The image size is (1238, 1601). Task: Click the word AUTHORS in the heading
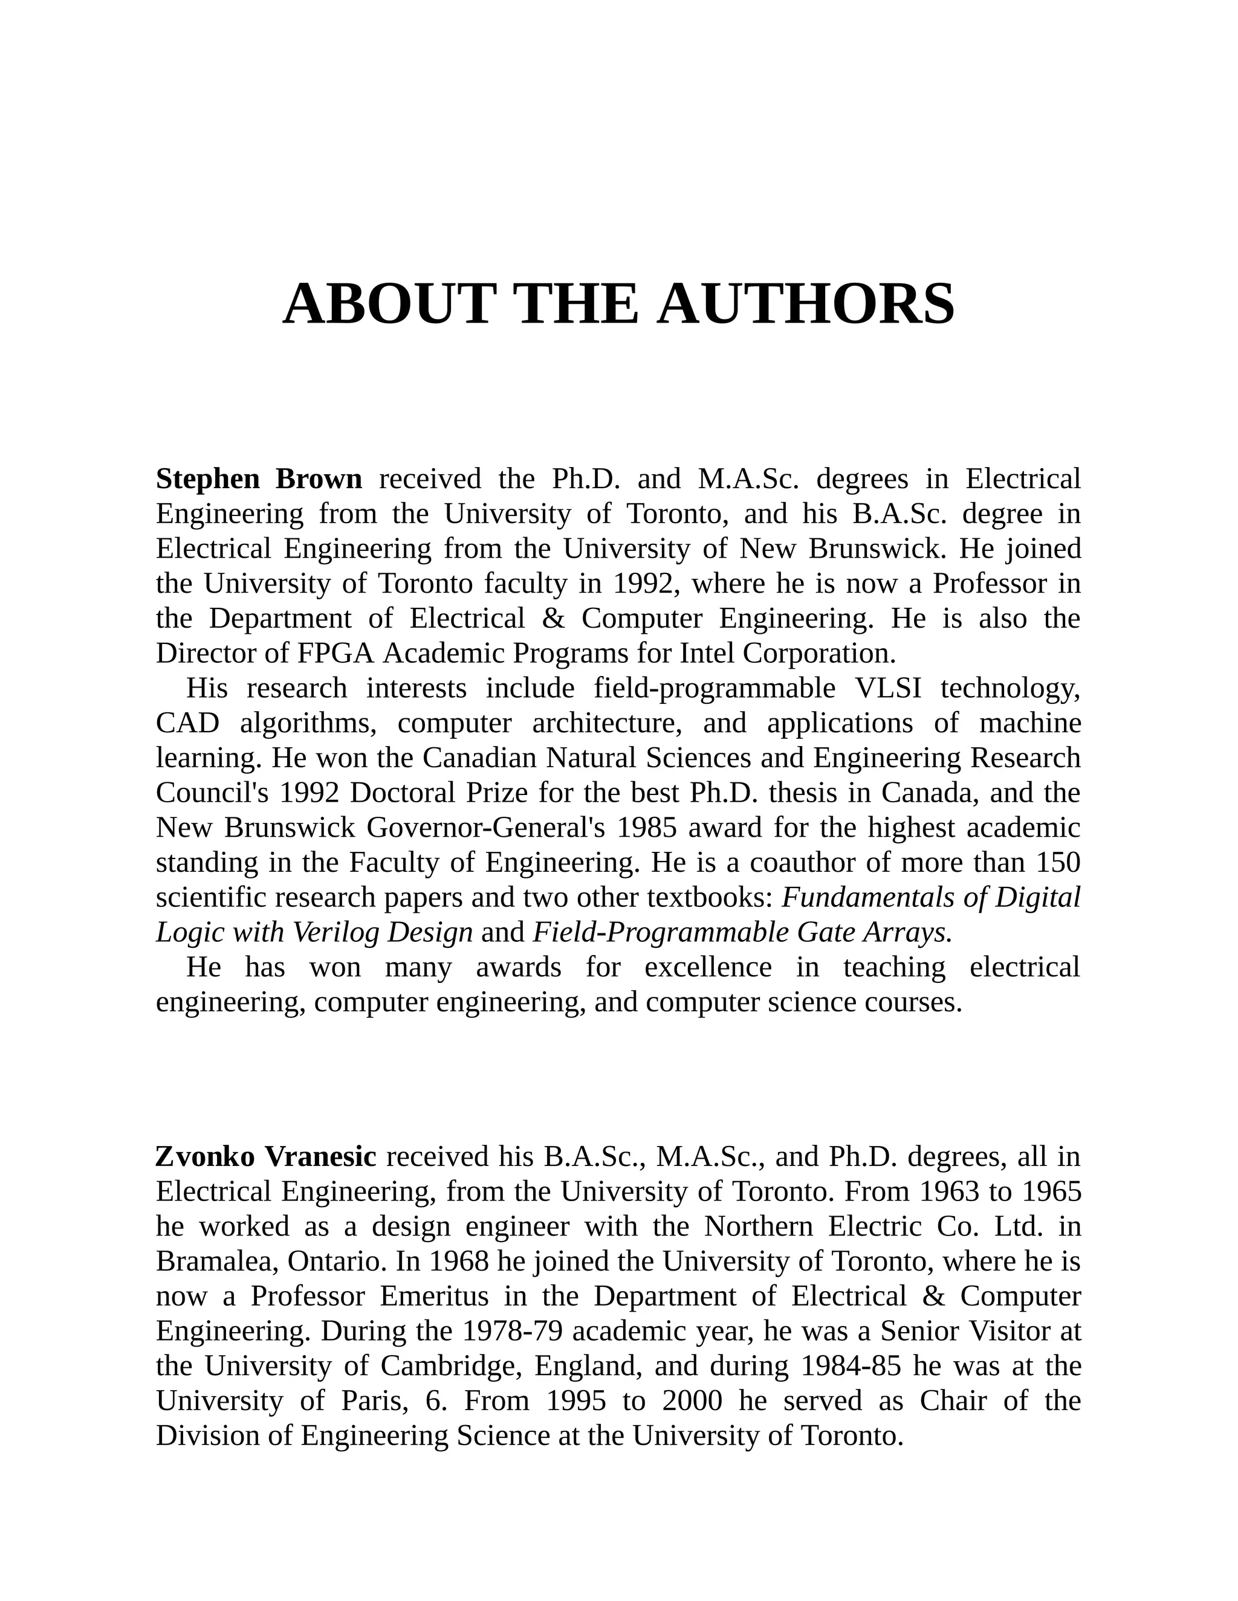(806, 304)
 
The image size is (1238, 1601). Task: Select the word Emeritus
(434, 1296)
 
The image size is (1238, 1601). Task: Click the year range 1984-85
(852, 1366)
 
